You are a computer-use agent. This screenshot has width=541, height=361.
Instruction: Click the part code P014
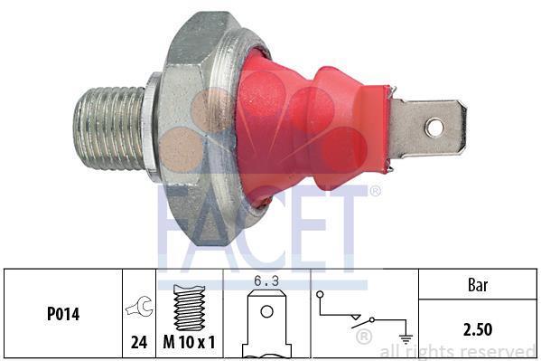63,314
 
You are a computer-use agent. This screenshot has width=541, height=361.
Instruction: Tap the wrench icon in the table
140,307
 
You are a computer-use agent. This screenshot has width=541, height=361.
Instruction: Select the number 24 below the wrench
139,342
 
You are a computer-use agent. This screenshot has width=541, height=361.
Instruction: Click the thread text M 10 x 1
189,342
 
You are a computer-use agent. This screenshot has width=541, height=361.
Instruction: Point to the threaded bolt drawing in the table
190,308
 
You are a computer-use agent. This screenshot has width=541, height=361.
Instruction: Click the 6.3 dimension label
266,281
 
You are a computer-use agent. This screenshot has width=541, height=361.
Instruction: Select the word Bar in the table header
478,285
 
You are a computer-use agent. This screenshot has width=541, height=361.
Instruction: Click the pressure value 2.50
478,329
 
